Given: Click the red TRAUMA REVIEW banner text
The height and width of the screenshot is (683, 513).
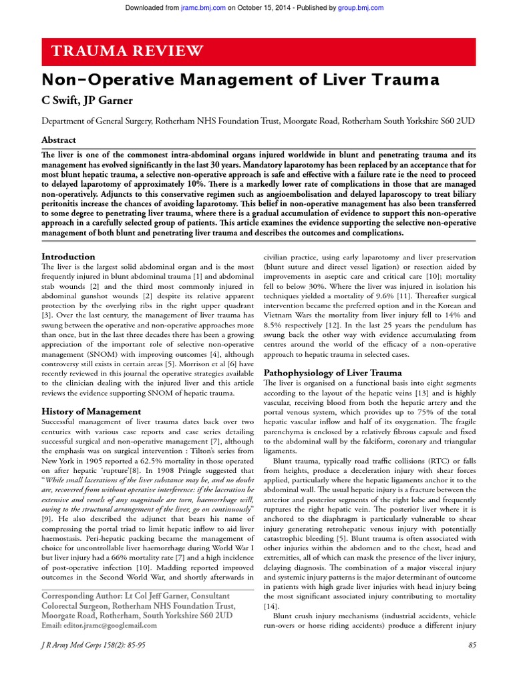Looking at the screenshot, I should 123,51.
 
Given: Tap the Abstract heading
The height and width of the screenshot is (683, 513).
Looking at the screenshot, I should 59,140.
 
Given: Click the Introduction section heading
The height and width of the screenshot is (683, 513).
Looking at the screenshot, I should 68,256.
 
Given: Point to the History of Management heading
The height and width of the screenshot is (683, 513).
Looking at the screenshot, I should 91,412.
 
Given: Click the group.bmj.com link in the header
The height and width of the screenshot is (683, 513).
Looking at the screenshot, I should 361,7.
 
